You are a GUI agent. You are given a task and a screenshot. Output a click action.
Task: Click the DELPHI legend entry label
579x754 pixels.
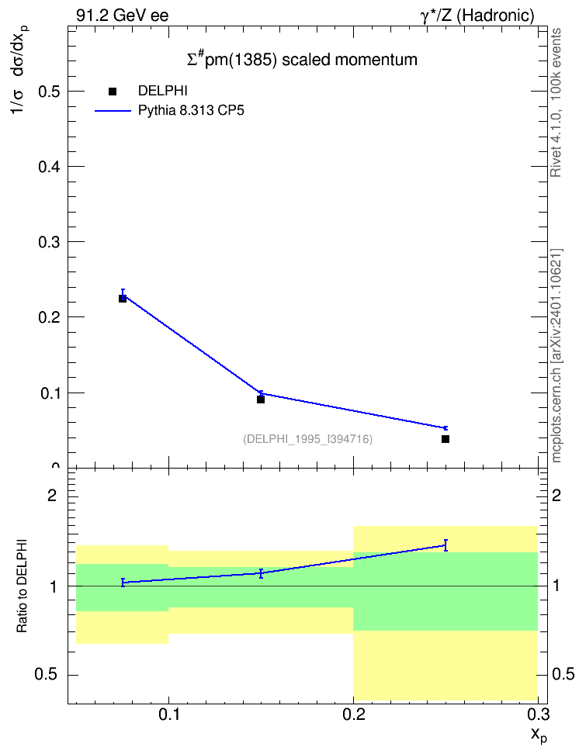pyautogui.click(x=163, y=91)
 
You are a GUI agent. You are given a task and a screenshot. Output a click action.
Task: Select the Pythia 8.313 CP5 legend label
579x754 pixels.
pyautogui.click(x=191, y=111)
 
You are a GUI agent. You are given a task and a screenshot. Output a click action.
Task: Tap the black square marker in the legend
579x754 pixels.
pyautogui.click(x=113, y=91)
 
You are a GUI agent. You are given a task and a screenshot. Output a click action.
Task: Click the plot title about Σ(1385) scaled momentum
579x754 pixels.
pyautogui.click(x=302, y=59)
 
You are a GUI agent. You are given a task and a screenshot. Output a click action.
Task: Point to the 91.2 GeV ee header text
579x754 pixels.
pyautogui.click(x=123, y=16)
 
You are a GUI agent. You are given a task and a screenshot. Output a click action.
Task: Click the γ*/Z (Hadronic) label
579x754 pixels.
pyautogui.click(x=477, y=16)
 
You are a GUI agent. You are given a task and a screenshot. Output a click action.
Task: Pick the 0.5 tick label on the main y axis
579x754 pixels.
pyautogui.click(x=49, y=92)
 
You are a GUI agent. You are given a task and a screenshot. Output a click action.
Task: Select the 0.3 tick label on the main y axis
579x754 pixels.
pyautogui.click(x=49, y=242)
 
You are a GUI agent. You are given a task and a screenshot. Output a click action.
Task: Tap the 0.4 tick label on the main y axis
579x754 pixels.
pyautogui.click(x=49, y=167)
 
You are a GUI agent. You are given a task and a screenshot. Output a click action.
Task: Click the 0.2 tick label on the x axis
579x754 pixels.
pyautogui.click(x=353, y=714)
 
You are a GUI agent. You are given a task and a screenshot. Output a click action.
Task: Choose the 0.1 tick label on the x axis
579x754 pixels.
pyautogui.click(x=168, y=714)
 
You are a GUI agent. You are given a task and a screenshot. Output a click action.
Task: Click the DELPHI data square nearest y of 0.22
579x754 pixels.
pyautogui.click(x=123, y=299)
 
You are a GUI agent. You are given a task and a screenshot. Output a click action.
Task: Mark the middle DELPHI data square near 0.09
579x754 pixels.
pyautogui.click(x=260, y=399)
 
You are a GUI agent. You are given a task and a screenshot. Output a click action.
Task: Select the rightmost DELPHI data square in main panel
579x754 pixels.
pyautogui.click(x=446, y=439)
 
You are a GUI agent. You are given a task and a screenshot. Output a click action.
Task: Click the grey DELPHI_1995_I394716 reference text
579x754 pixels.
pyautogui.click(x=308, y=439)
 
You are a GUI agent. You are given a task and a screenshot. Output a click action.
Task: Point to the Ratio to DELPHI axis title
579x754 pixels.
pyautogui.click(x=22, y=586)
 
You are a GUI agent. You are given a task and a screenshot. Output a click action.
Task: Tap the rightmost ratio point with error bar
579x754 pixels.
pyautogui.click(x=446, y=545)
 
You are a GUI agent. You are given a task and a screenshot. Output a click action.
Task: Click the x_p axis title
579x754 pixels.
pyautogui.click(x=539, y=735)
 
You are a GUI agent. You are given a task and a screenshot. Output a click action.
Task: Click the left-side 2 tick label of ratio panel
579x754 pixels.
pyautogui.click(x=52, y=495)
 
